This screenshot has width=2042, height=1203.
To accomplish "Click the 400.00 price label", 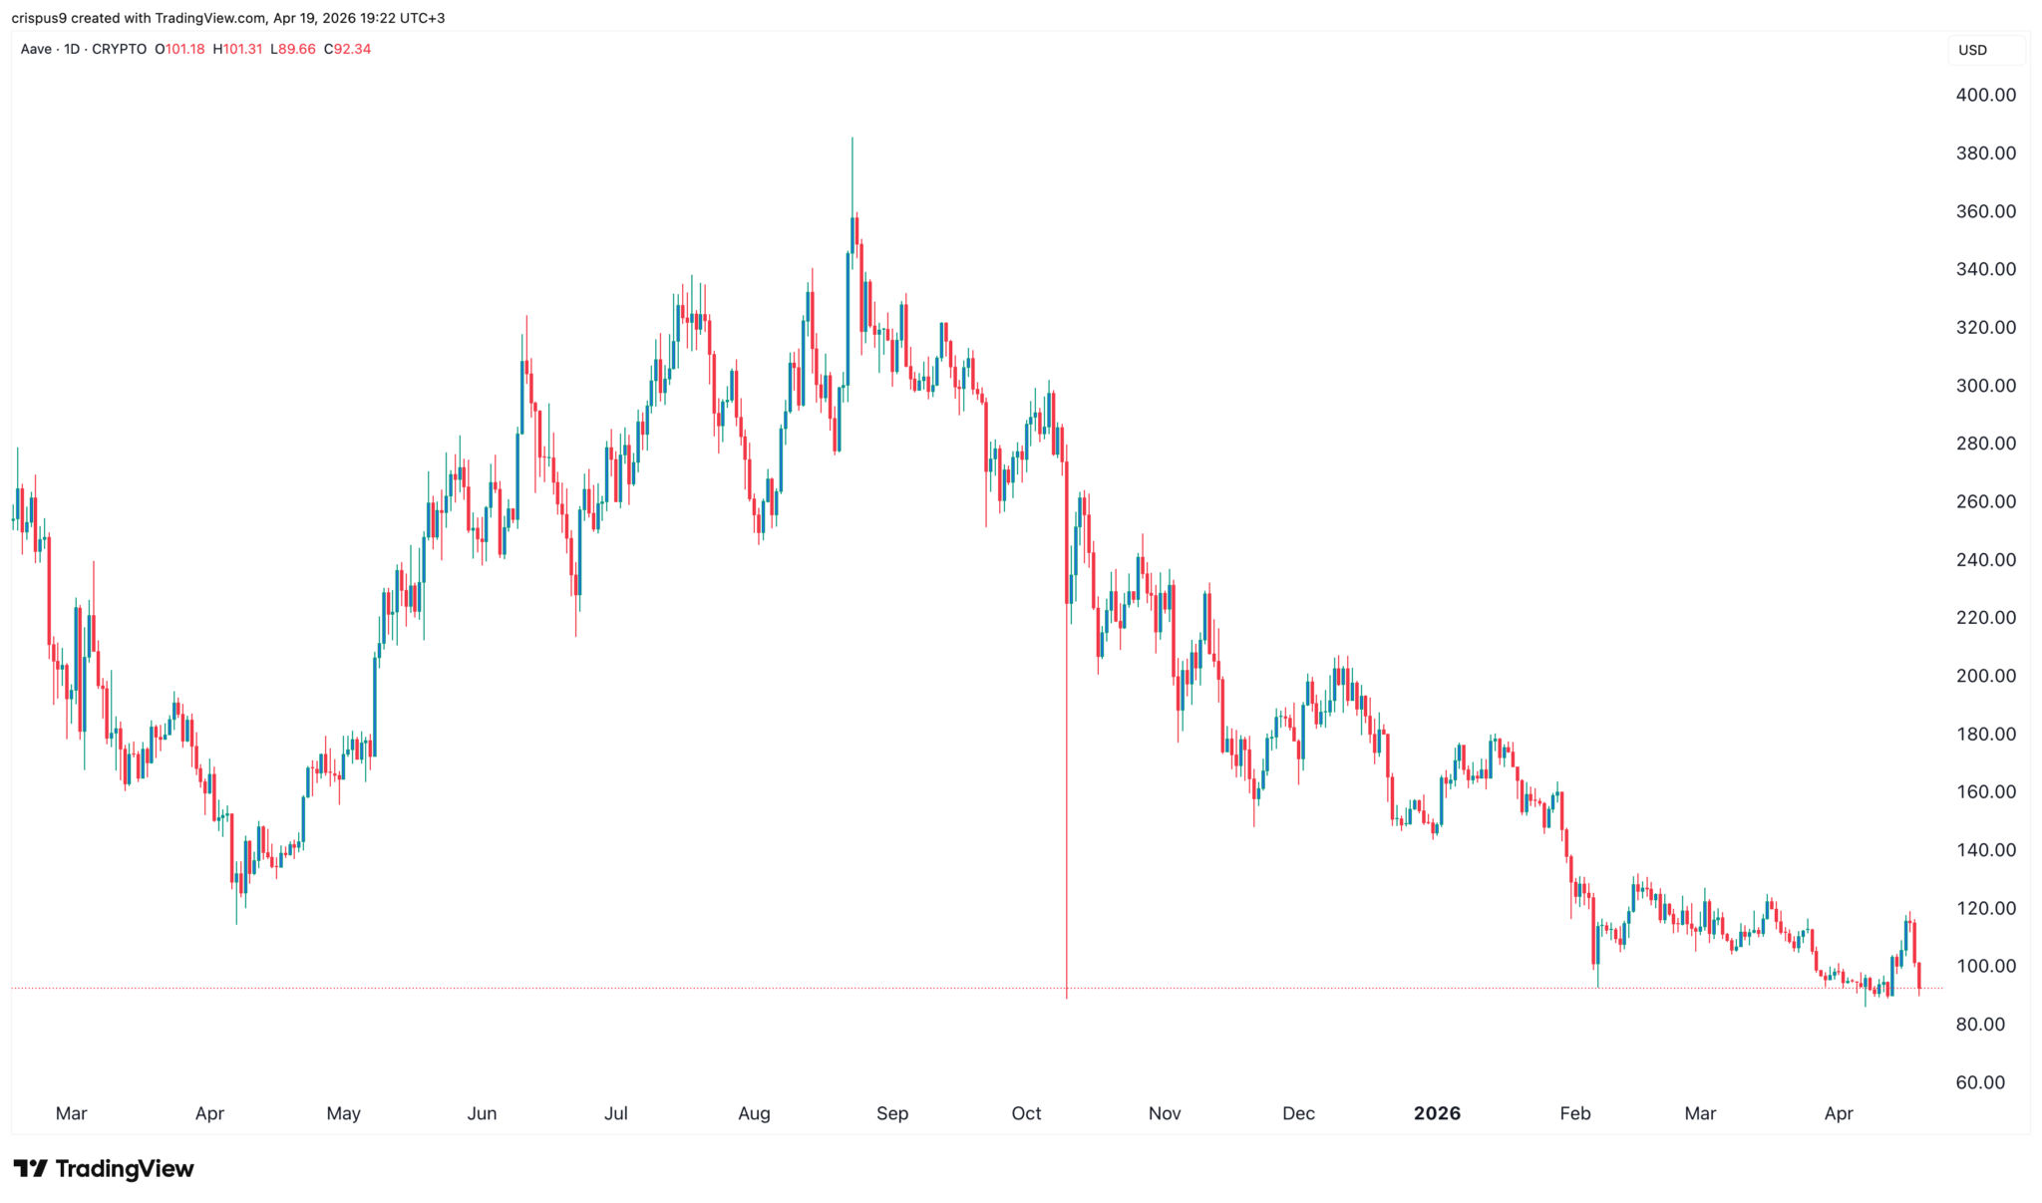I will [x=1985, y=95].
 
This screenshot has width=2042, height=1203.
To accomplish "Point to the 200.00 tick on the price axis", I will [x=1985, y=676].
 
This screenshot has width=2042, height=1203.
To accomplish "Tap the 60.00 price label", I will [x=1980, y=1082].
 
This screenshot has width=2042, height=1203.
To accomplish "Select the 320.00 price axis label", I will [x=1985, y=327].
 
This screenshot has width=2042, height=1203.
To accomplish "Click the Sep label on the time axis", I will [x=891, y=1113].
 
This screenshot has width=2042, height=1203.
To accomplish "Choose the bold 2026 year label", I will [x=1437, y=1113].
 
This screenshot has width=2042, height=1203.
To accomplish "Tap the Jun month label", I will [x=482, y=1113].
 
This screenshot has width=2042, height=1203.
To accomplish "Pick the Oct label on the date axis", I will [x=1026, y=1113].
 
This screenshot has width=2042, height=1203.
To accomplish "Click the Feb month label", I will [x=1574, y=1113].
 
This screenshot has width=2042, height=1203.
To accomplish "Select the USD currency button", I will [x=1972, y=50].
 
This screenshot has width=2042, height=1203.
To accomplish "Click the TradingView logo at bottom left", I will [x=104, y=1168].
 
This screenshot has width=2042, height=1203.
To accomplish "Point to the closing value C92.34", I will [x=347, y=49].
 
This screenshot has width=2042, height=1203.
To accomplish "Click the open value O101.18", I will [x=179, y=49].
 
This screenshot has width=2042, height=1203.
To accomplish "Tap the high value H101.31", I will [x=237, y=49].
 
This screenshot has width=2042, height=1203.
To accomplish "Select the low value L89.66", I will [x=293, y=49].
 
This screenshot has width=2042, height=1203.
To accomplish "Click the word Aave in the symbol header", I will [x=36, y=49].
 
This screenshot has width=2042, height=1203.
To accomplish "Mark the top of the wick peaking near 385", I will [x=851, y=140].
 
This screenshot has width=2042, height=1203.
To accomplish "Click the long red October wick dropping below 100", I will [x=1066, y=847].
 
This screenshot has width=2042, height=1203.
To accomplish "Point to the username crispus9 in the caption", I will [x=39, y=18].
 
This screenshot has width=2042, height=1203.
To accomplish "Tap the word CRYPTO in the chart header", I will [x=119, y=49].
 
